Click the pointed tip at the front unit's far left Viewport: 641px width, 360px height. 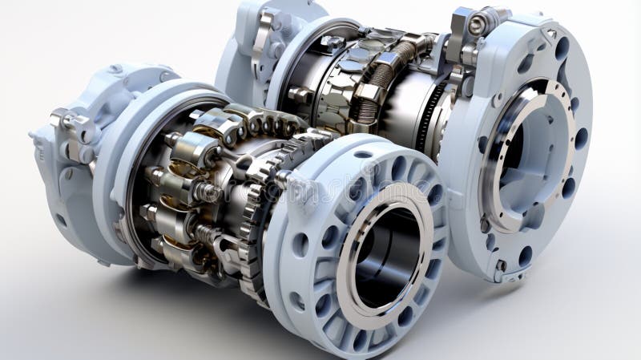click(x=32, y=136)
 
